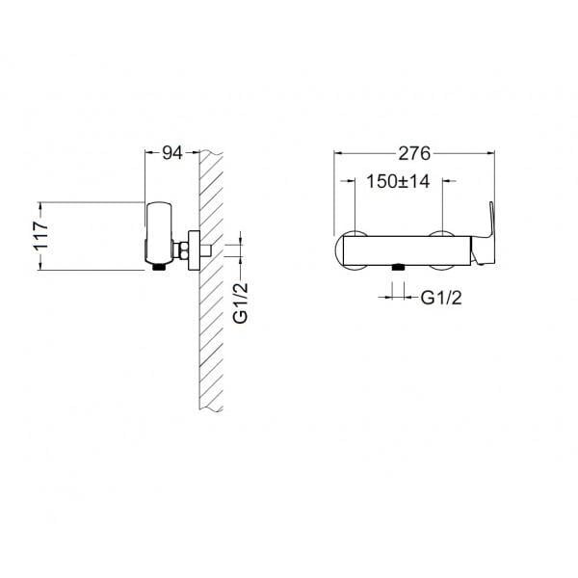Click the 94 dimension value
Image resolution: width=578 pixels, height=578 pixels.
pyautogui.click(x=172, y=152)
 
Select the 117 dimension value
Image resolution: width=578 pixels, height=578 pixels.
pyautogui.click(x=41, y=236)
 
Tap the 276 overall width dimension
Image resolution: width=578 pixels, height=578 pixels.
pyautogui.click(x=414, y=153)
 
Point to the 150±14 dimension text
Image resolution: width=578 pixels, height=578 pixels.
pyautogui.click(x=398, y=181)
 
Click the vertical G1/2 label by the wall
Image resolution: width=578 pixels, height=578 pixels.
pyautogui.click(x=241, y=303)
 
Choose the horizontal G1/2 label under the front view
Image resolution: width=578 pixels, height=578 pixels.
pyautogui.click(x=441, y=298)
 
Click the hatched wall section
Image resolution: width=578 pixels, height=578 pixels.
pyautogui.click(x=211, y=280)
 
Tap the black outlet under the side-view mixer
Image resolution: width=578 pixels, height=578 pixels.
pyautogui.click(x=159, y=267)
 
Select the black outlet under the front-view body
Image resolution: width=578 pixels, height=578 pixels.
pyautogui.click(x=398, y=267)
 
